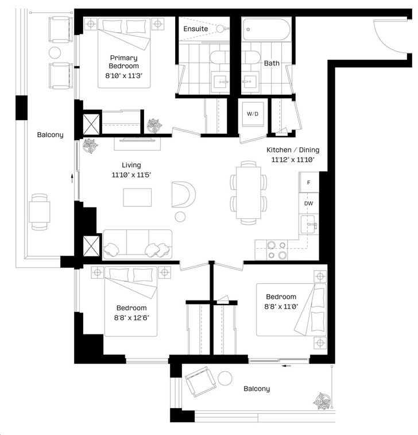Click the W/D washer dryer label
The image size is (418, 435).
click(x=253, y=114)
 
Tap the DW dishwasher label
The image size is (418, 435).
click(x=308, y=203)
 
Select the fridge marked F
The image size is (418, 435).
click(x=309, y=182)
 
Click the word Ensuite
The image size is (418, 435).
click(x=196, y=29)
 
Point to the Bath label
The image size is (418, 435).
click(x=272, y=63)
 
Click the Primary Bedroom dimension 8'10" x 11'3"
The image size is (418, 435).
click(x=123, y=76)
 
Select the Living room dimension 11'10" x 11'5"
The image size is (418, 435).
click(x=131, y=175)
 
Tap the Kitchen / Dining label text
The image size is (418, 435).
click(x=293, y=150)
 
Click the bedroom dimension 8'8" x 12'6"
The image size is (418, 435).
click(x=131, y=317)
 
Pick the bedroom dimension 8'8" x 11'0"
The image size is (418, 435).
click(x=281, y=306)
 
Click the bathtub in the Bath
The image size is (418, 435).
click(x=266, y=29)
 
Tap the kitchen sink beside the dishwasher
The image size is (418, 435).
click(x=308, y=225)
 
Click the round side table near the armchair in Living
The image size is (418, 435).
click(x=180, y=217)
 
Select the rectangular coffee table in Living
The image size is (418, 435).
click(x=137, y=197)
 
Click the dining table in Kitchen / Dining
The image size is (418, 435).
click(x=249, y=193)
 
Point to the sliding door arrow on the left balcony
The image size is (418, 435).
click(x=72, y=178)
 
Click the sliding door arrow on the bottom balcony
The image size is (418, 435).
click(x=287, y=365)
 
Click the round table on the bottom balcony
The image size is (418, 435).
click(x=225, y=378)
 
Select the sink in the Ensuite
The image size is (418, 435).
click(x=221, y=82)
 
